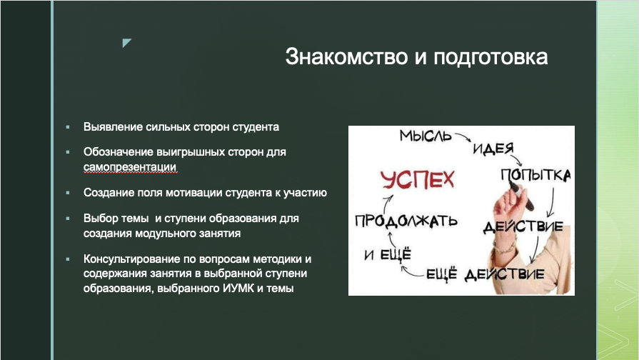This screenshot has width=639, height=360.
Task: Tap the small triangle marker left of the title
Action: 126,43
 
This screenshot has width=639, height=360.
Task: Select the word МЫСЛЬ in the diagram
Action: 426,136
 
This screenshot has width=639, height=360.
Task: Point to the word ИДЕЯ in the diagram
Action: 493,149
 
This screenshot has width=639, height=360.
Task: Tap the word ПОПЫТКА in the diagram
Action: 535,175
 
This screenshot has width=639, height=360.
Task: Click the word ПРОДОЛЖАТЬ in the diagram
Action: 406,220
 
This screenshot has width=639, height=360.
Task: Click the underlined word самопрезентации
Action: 130,166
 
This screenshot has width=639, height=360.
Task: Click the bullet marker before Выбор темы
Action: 68,219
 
